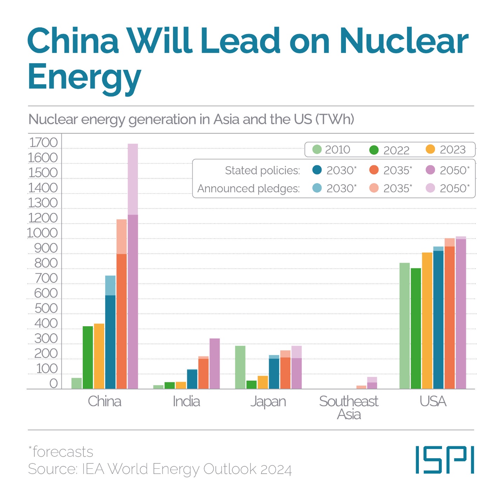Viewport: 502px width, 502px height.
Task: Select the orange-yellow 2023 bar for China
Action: coord(99,356)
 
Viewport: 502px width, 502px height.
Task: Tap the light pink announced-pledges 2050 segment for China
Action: coord(133,179)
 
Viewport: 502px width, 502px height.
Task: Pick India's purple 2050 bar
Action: coord(214,363)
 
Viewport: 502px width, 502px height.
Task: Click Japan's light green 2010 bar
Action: coord(240,367)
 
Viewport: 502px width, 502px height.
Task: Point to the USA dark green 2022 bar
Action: coord(416,328)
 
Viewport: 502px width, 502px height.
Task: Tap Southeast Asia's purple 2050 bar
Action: coord(372,386)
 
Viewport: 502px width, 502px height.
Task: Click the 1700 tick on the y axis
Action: coord(43,143)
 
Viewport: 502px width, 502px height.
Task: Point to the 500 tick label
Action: coord(46,308)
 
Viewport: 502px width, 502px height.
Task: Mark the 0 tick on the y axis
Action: coord(53,383)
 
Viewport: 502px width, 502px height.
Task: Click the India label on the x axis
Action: coord(186,401)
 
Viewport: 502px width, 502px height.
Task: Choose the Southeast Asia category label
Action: coord(349,408)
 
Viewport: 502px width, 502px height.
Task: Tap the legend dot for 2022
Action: coord(374,150)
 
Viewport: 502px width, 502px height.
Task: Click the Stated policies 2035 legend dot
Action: coord(374,170)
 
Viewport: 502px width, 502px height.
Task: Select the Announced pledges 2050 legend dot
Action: coord(430,188)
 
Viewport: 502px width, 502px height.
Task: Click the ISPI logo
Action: coord(444,460)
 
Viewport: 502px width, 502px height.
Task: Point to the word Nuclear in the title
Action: coord(403,41)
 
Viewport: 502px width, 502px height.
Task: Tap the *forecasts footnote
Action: coord(61,452)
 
